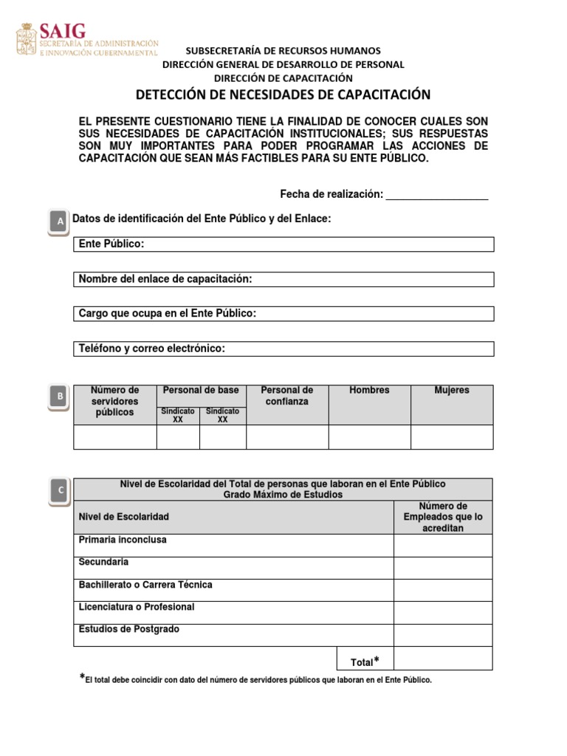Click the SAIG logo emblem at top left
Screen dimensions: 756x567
click(27, 39)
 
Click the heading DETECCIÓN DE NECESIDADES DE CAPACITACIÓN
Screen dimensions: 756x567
click(283, 94)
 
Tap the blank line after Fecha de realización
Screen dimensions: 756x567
click(437, 194)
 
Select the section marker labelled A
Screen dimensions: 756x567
click(58, 221)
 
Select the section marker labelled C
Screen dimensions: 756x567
click(60, 490)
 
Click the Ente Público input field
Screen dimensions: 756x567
click(283, 244)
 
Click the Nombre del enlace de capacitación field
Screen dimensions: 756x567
click(283, 279)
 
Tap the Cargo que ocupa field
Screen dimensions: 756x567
click(283, 314)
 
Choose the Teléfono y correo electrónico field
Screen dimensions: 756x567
click(283, 348)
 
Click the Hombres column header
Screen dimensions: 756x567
click(369, 391)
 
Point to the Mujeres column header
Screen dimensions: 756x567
click(452, 391)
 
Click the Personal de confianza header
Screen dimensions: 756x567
click(287, 396)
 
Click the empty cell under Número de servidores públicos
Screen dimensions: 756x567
click(115, 437)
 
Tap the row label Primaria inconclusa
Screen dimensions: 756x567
click(123, 540)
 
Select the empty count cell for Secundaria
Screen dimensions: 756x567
click(443, 568)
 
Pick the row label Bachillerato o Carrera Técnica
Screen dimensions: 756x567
click(145, 585)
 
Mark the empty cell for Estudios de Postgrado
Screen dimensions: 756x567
click(443, 635)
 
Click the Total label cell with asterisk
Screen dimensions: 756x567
click(365, 661)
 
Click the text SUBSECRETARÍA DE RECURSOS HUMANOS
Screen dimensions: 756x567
click(283, 51)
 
